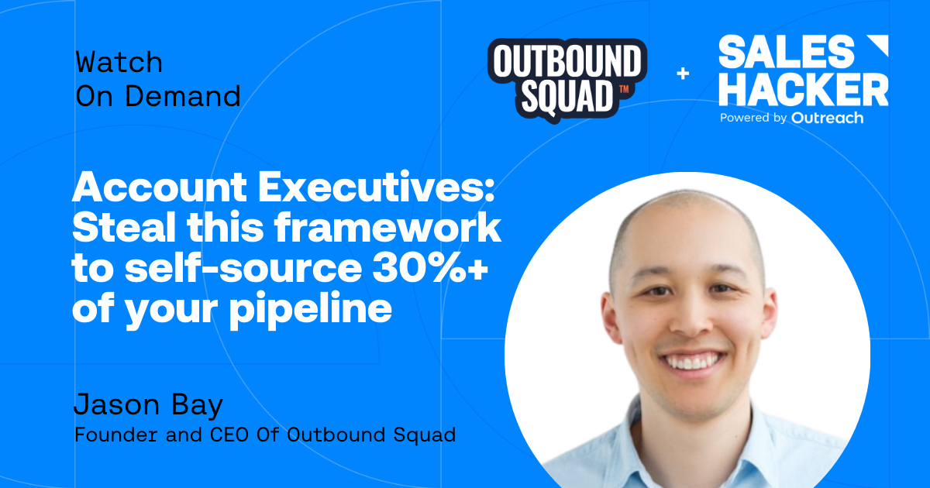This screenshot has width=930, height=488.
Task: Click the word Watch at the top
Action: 119,62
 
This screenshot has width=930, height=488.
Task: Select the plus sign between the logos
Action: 683,74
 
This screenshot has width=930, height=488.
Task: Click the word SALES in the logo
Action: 786,52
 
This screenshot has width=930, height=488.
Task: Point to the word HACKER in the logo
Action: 803,90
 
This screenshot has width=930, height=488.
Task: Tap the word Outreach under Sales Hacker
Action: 827,118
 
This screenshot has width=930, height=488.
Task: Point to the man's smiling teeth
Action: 692,361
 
